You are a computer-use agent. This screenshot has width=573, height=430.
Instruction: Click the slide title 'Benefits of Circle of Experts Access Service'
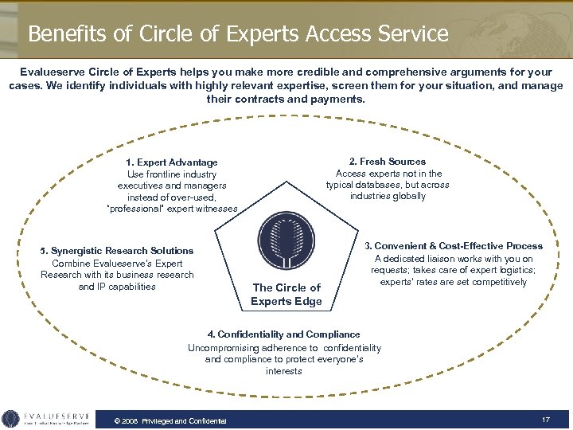click(238, 33)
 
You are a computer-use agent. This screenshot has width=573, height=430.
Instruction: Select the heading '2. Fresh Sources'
click(388, 162)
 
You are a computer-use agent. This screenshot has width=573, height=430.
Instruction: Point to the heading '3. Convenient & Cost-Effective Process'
click(454, 246)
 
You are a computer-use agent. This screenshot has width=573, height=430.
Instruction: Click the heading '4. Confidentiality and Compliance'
click(284, 334)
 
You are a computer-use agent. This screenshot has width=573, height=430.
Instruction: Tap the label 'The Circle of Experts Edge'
click(286, 294)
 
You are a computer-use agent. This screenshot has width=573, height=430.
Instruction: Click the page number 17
click(546, 419)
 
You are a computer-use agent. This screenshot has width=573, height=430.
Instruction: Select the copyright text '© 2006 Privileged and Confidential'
click(170, 420)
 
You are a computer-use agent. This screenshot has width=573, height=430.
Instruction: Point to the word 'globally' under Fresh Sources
click(407, 196)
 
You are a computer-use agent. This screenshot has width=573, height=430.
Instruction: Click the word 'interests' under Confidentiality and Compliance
click(284, 371)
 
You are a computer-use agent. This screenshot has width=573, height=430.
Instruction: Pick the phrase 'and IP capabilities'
click(117, 287)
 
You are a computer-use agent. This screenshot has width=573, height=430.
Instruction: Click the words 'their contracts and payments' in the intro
click(286, 100)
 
